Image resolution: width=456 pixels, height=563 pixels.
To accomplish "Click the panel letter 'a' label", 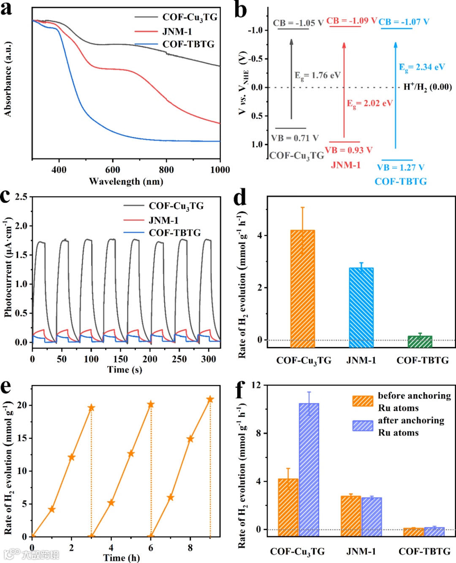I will [x=6, y=8].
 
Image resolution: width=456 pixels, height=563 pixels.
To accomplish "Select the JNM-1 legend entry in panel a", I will [x=177, y=32].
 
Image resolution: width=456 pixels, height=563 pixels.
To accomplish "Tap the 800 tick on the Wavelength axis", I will [x=166, y=170].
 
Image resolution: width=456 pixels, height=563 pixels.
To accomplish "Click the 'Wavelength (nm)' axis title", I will [x=126, y=182].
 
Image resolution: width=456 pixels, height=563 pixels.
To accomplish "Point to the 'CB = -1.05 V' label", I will [x=298, y=23].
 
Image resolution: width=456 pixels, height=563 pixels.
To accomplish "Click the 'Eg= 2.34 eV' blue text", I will [x=422, y=67].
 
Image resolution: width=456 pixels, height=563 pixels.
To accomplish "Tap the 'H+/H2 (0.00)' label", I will [x=427, y=87].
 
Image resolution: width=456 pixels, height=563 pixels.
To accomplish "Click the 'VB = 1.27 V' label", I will [x=400, y=167].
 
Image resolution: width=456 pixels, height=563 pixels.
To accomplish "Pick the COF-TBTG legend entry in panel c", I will [x=174, y=233].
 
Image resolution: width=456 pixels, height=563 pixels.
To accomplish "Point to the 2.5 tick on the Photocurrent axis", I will [x=21, y=197].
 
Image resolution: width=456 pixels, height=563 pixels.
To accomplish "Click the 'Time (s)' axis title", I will [x=125, y=370].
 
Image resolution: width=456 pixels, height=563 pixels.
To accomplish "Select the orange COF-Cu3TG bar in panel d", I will [x=303, y=288].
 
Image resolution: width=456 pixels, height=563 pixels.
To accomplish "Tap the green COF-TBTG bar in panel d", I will [x=420, y=342].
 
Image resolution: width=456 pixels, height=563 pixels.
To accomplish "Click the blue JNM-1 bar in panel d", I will [x=361, y=307].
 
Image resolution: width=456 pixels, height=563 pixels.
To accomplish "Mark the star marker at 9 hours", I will [x=210, y=399].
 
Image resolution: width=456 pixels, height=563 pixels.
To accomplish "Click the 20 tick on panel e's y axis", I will [x=22, y=405].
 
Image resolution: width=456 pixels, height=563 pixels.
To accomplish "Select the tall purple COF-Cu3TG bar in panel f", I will [x=309, y=469].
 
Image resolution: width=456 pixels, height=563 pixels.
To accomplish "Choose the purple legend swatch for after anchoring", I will [x=363, y=426].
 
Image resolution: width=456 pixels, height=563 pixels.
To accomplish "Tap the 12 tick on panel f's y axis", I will [x=256, y=385].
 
